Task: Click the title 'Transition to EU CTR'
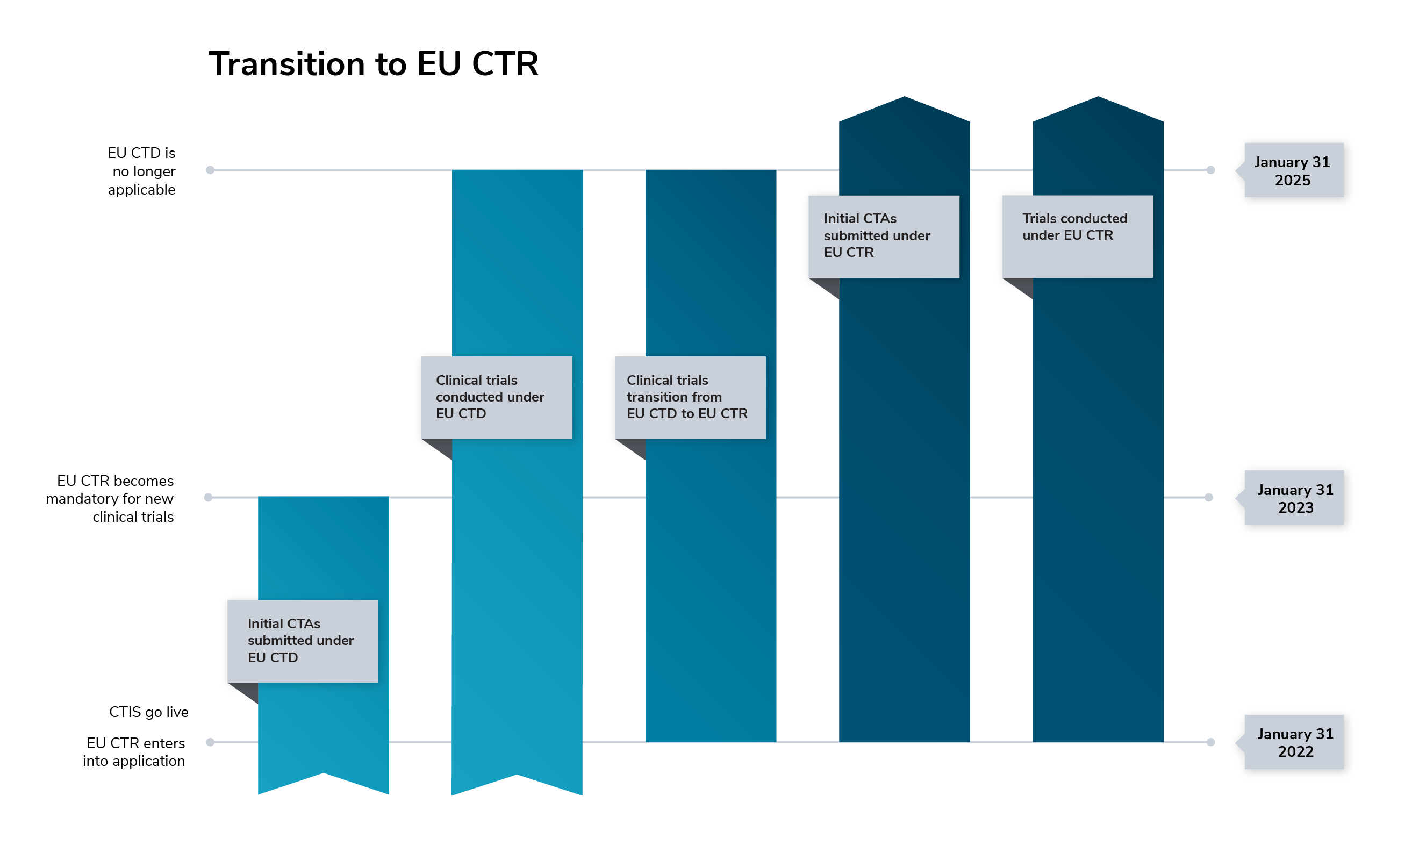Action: point(373,63)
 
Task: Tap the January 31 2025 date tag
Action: point(1293,170)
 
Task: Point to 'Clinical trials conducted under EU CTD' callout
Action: point(497,397)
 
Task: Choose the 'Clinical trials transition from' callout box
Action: point(690,397)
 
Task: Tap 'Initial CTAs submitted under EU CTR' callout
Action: point(884,235)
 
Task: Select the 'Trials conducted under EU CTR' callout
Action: point(1077,235)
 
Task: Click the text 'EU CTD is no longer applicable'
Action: point(142,171)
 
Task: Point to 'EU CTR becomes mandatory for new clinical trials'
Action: point(111,498)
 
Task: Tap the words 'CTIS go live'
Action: point(148,712)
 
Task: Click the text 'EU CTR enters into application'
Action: point(135,752)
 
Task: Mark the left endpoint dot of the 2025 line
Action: point(210,170)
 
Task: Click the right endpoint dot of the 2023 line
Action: point(1208,497)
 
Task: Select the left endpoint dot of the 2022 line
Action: point(210,742)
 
